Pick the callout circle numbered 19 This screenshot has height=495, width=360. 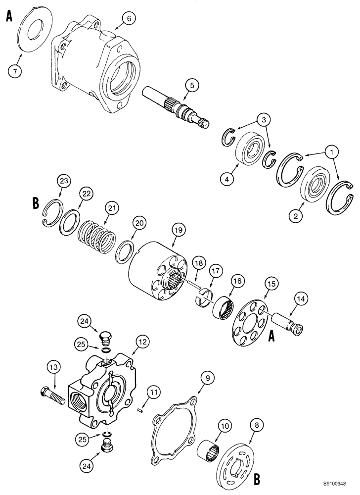178,230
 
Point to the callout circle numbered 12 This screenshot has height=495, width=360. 142,341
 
